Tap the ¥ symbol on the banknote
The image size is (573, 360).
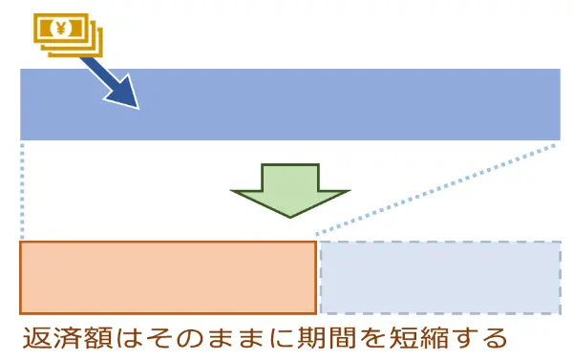click(x=58, y=26)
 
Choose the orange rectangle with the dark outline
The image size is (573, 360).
click(x=168, y=277)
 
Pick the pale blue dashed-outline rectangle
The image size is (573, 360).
click(x=439, y=277)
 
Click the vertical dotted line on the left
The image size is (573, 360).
click(x=21, y=191)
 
